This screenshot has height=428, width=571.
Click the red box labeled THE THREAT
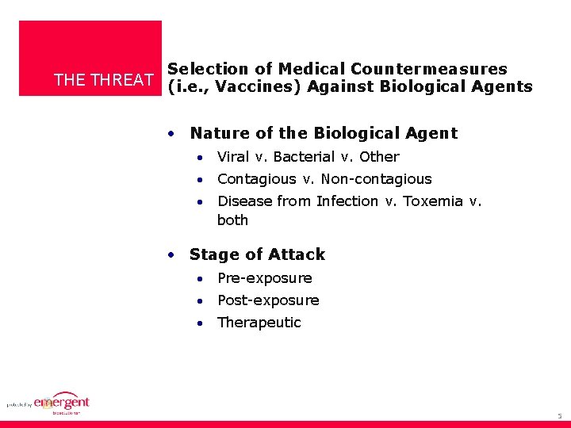90,59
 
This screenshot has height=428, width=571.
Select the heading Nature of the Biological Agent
324,133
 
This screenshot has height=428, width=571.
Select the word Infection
347,201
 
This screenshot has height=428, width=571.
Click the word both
232,220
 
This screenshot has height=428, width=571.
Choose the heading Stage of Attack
257,254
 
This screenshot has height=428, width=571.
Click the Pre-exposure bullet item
264,278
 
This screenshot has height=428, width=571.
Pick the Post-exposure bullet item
268,300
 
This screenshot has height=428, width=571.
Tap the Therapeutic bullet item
259,323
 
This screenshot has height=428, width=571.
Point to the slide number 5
559,415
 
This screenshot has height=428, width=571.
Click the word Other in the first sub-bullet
379,157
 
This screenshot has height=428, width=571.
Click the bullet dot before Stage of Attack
171,255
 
